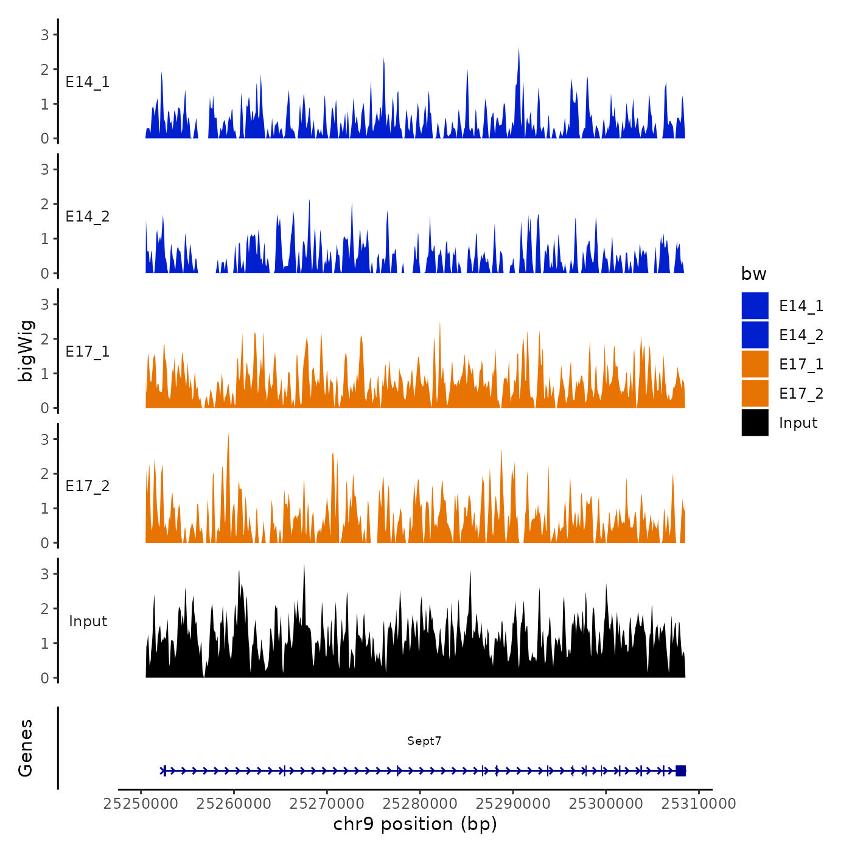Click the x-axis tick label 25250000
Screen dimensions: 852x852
pos(141,803)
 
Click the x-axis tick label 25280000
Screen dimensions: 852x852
pos(420,803)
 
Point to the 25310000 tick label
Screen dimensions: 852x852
pos(699,803)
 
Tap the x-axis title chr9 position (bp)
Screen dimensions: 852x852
pos(415,824)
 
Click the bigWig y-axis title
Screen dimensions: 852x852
pos(26,351)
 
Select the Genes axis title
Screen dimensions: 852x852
pos(26,748)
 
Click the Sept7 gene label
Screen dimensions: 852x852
pos(424,741)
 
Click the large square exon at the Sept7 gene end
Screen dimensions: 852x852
pos(680,770)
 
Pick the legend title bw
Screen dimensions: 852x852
pos(753,274)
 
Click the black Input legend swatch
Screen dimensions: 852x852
pos(755,422)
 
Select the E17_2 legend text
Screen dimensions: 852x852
pos(801,394)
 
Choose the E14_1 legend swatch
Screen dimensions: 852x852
pos(755,306)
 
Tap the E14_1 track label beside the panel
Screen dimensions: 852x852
pos(88,82)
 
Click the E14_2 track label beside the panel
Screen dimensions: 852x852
pos(88,217)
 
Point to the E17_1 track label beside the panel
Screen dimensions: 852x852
pos(88,352)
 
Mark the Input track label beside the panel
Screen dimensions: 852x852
pos(88,621)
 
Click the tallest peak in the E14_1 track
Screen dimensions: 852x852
pos(519,50)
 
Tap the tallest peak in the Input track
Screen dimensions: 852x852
pos(304,566)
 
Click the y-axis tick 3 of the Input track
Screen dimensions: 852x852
pos(45,574)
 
